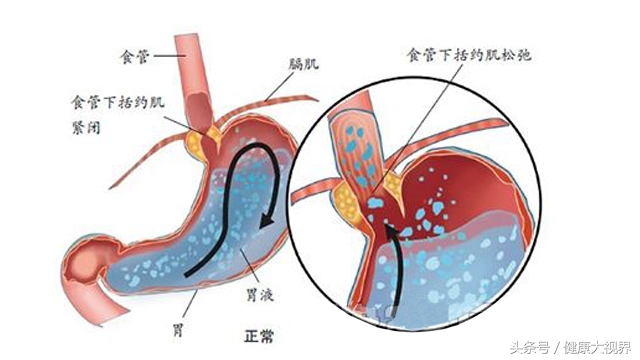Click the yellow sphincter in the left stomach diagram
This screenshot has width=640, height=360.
(210, 137)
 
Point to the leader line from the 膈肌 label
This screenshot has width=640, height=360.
(265, 90)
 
